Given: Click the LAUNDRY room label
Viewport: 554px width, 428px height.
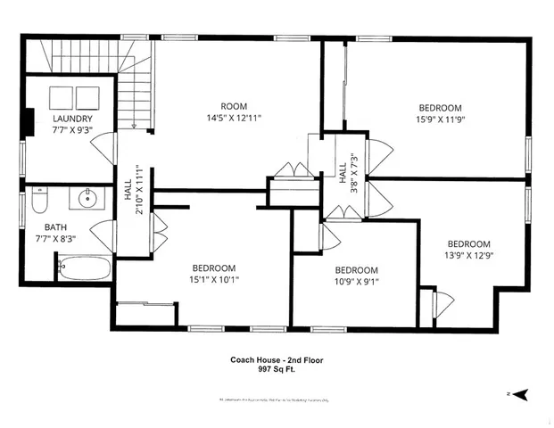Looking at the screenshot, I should tap(71, 119).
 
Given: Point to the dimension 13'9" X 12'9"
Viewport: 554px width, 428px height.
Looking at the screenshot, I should tap(468, 256).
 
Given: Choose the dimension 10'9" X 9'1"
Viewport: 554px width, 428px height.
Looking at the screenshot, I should tap(356, 283).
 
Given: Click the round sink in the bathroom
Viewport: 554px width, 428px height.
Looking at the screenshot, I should tap(88, 198).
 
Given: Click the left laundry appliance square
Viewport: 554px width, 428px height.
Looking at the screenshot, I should tap(62, 96).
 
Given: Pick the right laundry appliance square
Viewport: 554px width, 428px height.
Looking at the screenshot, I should tap(89, 96).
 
